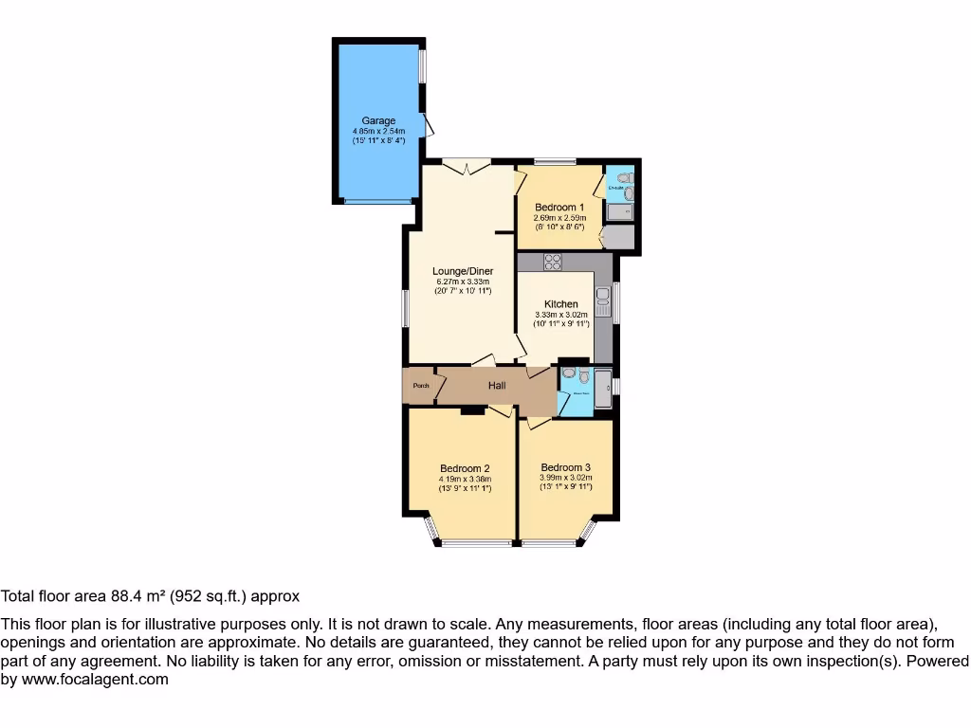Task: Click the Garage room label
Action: pyautogui.click(x=378, y=121)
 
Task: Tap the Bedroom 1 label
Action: pyautogui.click(x=559, y=208)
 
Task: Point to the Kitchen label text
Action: pyautogui.click(x=560, y=304)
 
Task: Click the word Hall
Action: pyautogui.click(x=497, y=386)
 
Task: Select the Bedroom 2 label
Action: pyautogui.click(x=465, y=468)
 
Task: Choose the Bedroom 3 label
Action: pyautogui.click(x=566, y=467)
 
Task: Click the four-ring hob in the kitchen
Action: pyautogui.click(x=553, y=263)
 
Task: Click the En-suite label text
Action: pyautogui.click(x=616, y=187)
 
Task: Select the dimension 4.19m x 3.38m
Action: pyautogui.click(x=465, y=479)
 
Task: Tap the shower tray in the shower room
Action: pyautogui.click(x=603, y=389)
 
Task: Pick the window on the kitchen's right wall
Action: pyautogui.click(x=616, y=302)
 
